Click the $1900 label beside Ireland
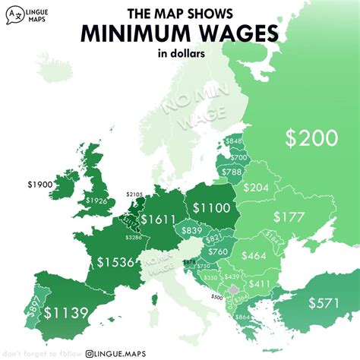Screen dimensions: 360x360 point(39,185)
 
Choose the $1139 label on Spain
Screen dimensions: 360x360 point(66,311)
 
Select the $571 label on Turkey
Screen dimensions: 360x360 point(324,302)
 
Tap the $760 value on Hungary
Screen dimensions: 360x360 point(217,251)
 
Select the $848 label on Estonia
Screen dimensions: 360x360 point(234,141)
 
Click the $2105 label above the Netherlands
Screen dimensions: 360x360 point(135,195)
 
